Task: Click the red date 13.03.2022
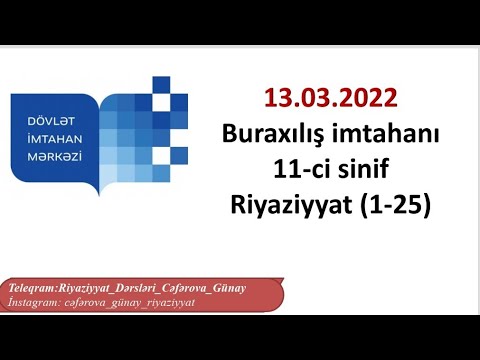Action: [331, 100]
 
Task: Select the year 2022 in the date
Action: [371, 100]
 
